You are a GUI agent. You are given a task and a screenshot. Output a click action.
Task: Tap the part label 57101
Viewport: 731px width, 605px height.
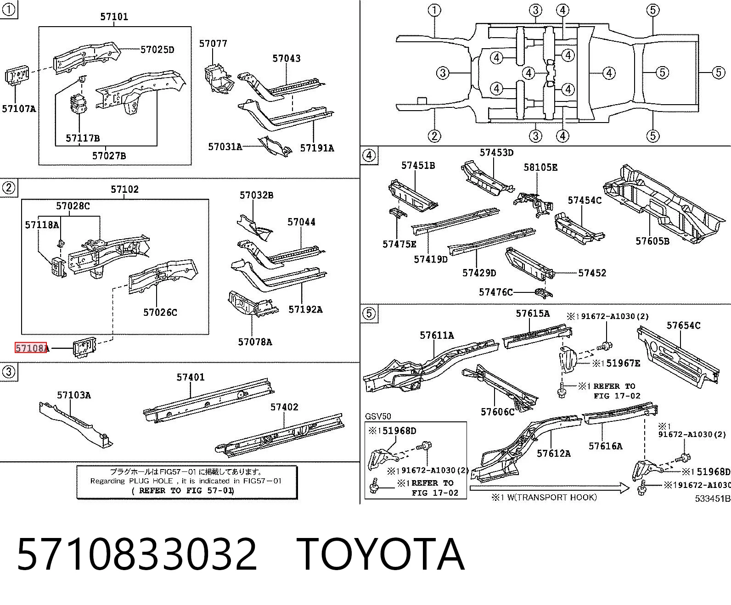click(x=114, y=17)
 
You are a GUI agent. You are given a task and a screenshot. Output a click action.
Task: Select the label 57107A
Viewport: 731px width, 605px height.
click(x=19, y=109)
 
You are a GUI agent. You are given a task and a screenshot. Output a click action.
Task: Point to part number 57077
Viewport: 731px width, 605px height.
click(x=213, y=44)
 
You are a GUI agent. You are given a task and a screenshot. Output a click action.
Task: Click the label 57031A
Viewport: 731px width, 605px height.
click(x=225, y=147)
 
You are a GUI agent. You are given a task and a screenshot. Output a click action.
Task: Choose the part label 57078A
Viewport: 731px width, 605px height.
click(x=255, y=342)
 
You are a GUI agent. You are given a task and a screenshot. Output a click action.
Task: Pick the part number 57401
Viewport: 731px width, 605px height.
click(x=191, y=377)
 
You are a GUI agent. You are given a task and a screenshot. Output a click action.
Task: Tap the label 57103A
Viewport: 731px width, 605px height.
click(x=74, y=395)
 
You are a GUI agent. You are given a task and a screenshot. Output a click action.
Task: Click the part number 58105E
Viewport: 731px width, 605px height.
click(x=540, y=168)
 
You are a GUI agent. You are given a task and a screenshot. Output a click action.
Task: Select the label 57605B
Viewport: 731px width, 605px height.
click(x=652, y=241)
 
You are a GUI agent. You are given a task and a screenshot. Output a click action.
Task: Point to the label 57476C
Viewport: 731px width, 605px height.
click(x=496, y=292)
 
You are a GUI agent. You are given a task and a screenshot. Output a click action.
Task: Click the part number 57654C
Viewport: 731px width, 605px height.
click(x=683, y=325)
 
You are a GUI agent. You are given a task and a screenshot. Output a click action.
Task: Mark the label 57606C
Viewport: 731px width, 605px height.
click(x=497, y=412)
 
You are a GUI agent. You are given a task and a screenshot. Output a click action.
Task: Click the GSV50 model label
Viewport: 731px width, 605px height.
click(x=378, y=416)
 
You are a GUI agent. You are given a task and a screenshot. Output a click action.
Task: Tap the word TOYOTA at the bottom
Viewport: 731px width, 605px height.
click(x=381, y=555)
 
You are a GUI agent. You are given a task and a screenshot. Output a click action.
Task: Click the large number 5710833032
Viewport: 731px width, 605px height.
click(x=137, y=555)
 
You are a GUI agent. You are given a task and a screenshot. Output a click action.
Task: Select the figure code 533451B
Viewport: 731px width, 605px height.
click(x=713, y=498)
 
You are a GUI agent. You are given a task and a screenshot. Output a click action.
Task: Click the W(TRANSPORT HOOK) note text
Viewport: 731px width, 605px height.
click(x=552, y=497)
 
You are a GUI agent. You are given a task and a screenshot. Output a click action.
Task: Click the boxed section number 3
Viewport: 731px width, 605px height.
click(x=9, y=372)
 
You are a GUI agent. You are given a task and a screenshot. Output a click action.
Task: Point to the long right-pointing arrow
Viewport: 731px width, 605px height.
click(x=549, y=487)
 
